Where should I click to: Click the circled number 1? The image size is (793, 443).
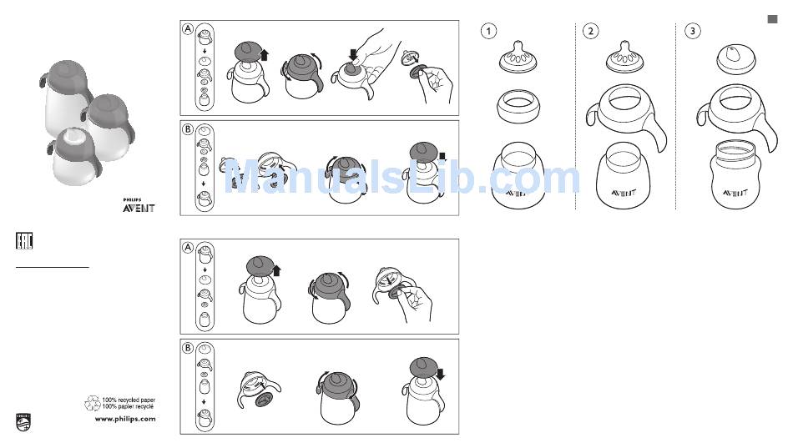point(488,32)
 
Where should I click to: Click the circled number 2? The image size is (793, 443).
point(590,32)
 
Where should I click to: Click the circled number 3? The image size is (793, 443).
point(692,32)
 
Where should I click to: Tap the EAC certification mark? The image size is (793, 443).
point(24,241)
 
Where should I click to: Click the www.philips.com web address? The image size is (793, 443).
point(125,419)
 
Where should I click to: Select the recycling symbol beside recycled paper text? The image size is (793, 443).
point(93,403)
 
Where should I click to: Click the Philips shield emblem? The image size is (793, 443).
point(23,423)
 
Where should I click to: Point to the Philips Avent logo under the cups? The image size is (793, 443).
point(139,206)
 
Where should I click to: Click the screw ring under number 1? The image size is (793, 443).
point(518,106)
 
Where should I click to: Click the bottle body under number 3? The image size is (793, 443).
point(735,174)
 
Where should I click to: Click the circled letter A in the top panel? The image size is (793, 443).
point(188,29)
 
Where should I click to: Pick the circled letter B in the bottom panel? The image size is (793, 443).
point(188,348)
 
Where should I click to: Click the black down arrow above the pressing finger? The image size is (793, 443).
point(353,54)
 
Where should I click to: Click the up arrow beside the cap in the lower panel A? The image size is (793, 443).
point(276,270)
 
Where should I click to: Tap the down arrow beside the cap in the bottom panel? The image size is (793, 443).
point(440,375)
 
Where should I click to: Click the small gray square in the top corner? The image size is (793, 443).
point(772,19)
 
